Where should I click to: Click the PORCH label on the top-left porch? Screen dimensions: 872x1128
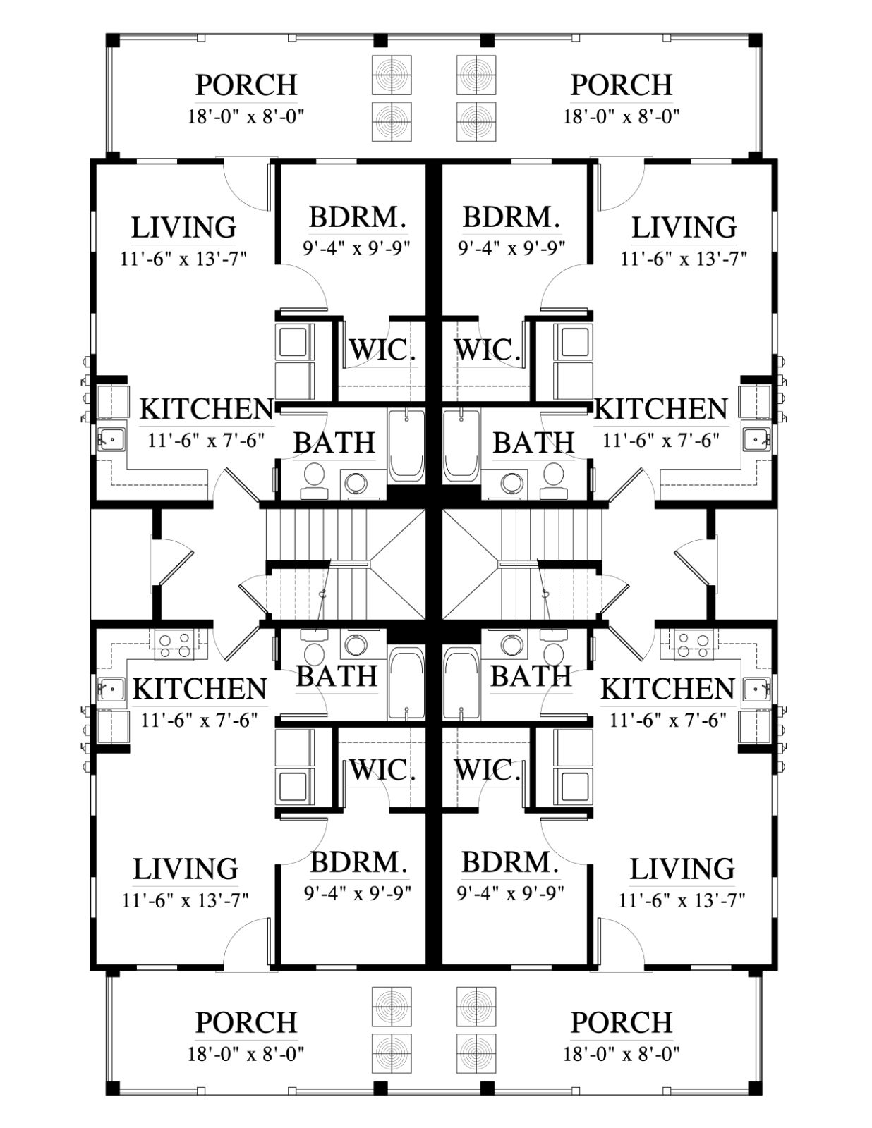pos(246,85)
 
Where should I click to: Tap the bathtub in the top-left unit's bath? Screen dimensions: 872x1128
pos(406,446)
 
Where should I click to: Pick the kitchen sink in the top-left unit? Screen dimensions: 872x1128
pos(112,440)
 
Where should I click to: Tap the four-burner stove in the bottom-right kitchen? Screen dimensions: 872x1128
pos(694,644)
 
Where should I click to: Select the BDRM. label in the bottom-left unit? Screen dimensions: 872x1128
pos(358,862)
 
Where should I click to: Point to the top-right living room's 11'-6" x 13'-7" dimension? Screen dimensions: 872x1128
pos(684,258)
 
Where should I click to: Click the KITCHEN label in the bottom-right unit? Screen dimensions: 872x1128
pos(667,689)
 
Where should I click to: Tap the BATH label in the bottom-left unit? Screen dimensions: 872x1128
pos(337,676)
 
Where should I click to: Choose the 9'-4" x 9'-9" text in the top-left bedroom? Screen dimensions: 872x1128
pos(357,248)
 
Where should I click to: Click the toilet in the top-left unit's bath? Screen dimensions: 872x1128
pos(314,482)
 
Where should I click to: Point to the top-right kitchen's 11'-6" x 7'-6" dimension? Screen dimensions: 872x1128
pos(660,441)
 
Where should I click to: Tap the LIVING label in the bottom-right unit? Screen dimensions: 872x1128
pos(682,869)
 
